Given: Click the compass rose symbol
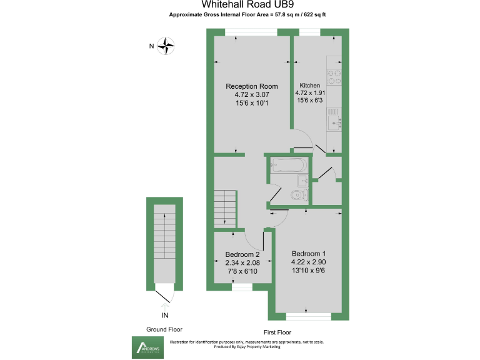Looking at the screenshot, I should pyautogui.click(x=166, y=45).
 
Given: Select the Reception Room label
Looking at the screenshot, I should pyautogui.click(x=252, y=86).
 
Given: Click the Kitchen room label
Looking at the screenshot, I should pyautogui.click(x=310, y=86).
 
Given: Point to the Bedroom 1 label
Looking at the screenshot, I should pyautogui.click(x=308, y=253).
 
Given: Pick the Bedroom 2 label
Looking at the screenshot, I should pyautogui.click(x=242, y=255).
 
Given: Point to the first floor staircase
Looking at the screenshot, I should pyautogui.click(x=224, y=209).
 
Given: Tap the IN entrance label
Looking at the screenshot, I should pyautogui.click(x=165, y=314).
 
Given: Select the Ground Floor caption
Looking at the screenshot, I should pyautogui.click(x=164, y=329).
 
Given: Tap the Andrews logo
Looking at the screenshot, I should pyautogui.click(x=145, y=347).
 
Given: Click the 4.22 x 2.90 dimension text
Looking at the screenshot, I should pyautogui.click(x=308, y=262).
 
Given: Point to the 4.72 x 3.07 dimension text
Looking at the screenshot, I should pyautogui.click(x=252, y=94).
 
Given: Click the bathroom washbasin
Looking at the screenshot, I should pyautogui.click(x=301, y=181).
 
